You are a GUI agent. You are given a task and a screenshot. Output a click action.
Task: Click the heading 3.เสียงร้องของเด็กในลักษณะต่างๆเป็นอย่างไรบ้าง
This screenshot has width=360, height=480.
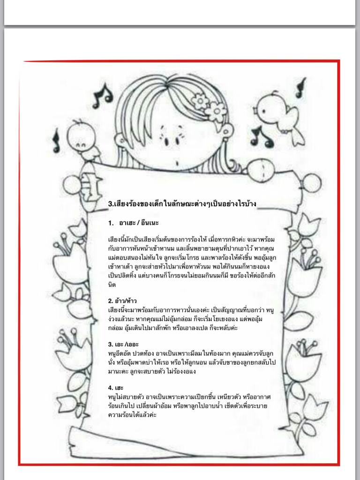coord(182,204)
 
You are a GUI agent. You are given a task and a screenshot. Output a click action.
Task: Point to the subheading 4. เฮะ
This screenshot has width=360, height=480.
coord(115,387)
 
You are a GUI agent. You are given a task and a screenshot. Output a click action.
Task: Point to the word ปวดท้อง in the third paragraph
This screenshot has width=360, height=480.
coord(150,352)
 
